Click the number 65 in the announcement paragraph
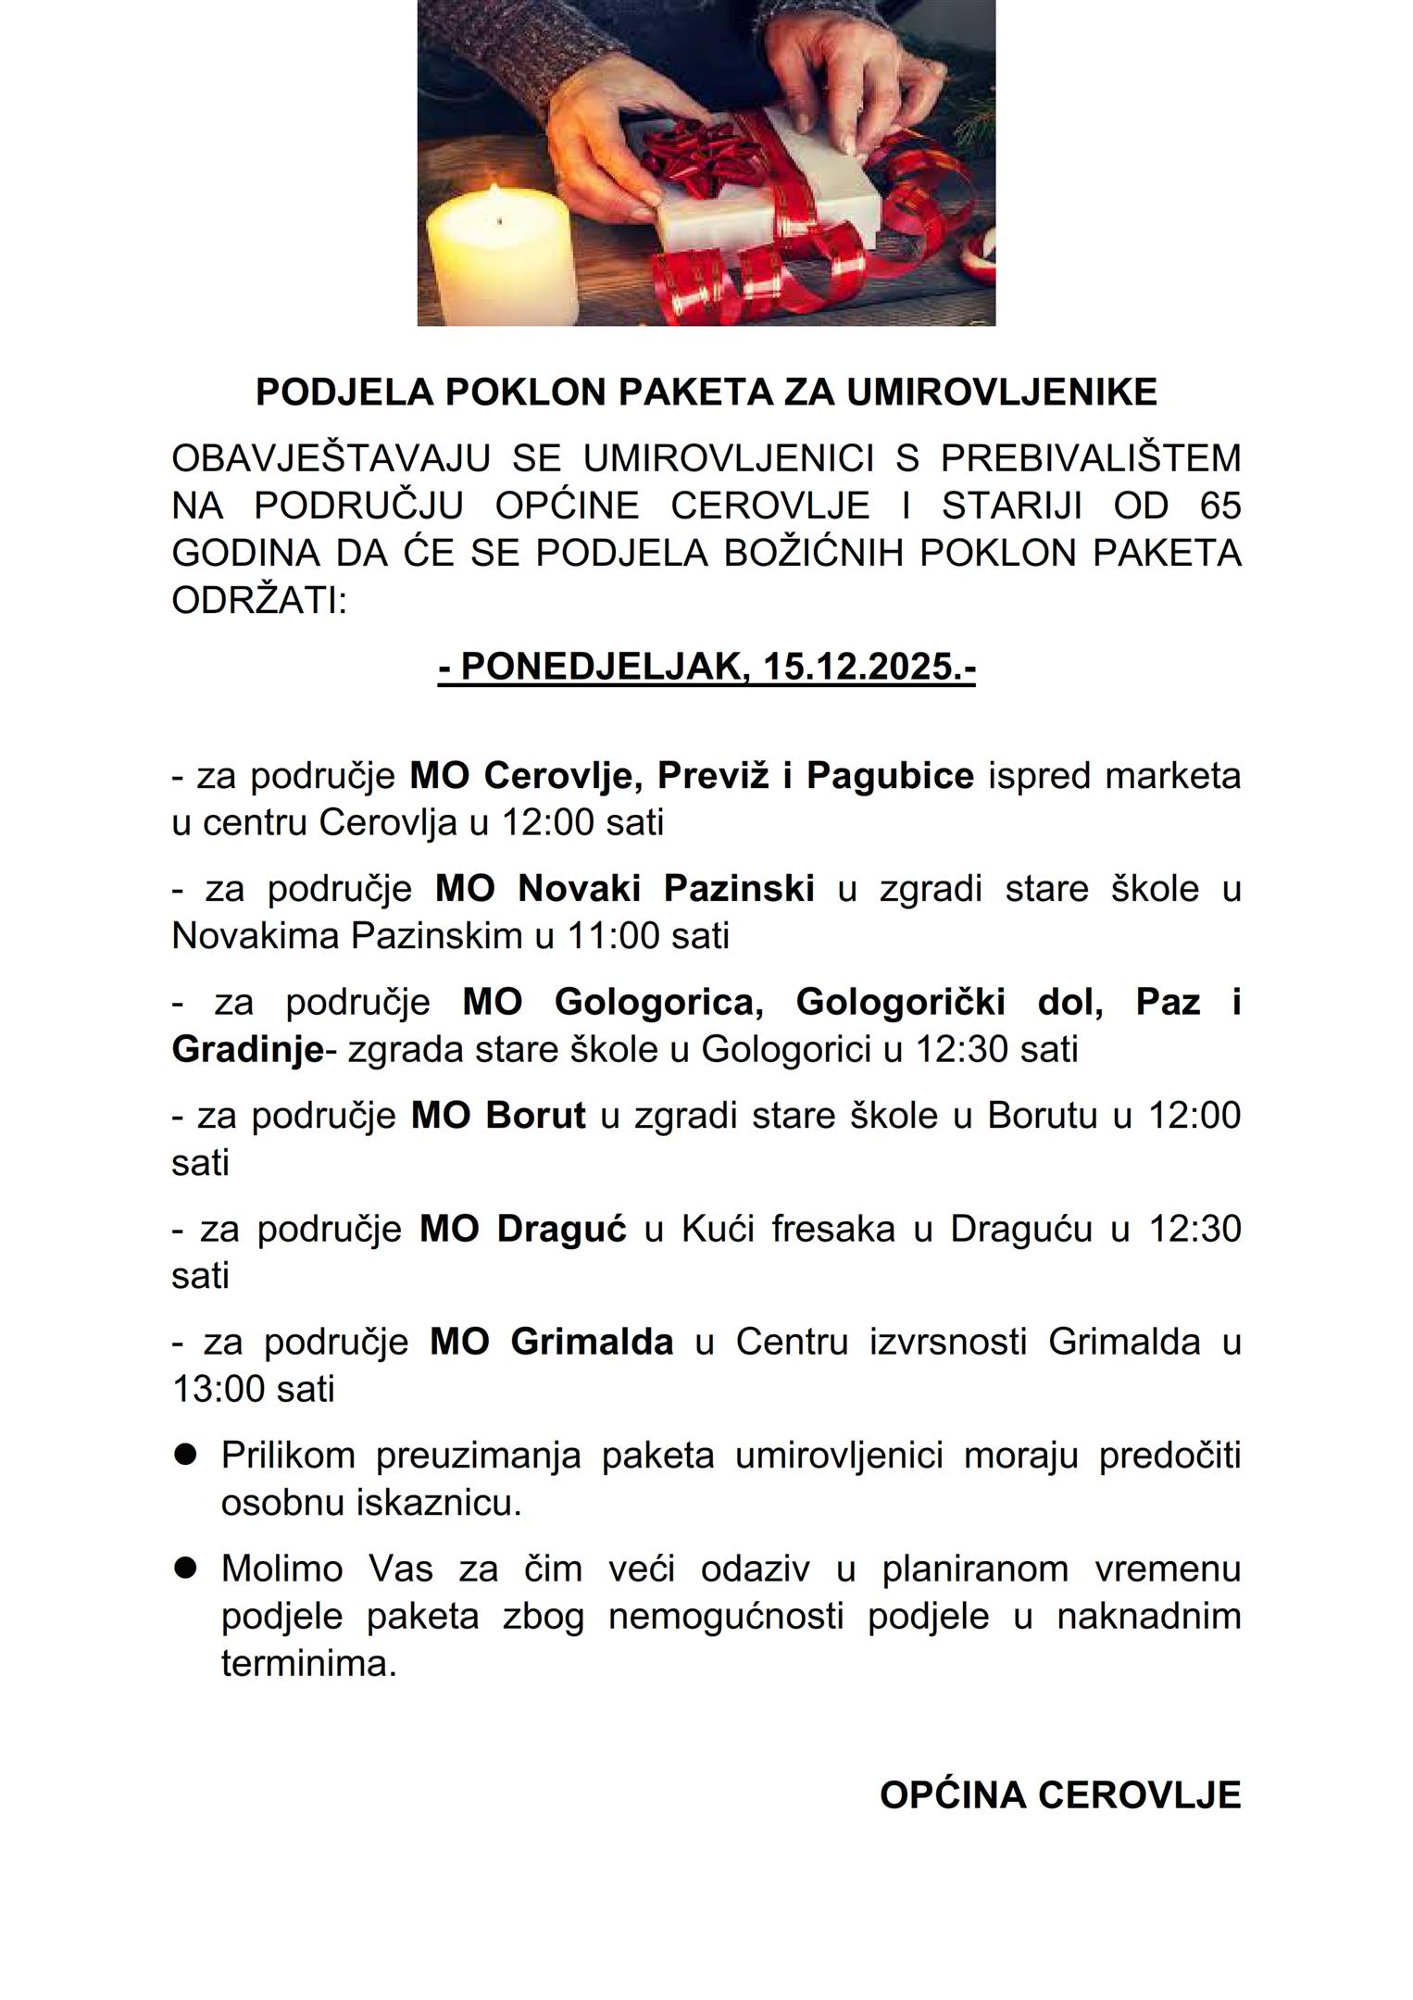coord(1219,506)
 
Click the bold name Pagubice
coord(890,776)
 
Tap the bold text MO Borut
coord(498,1116)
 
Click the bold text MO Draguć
coord(522,1229)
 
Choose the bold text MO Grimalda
coord(551,1342)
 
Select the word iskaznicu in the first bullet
coord(439,1503)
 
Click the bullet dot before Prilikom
coord(186,1455)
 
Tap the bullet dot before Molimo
coord(186,1568)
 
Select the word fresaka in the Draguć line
coord(832,1229)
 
